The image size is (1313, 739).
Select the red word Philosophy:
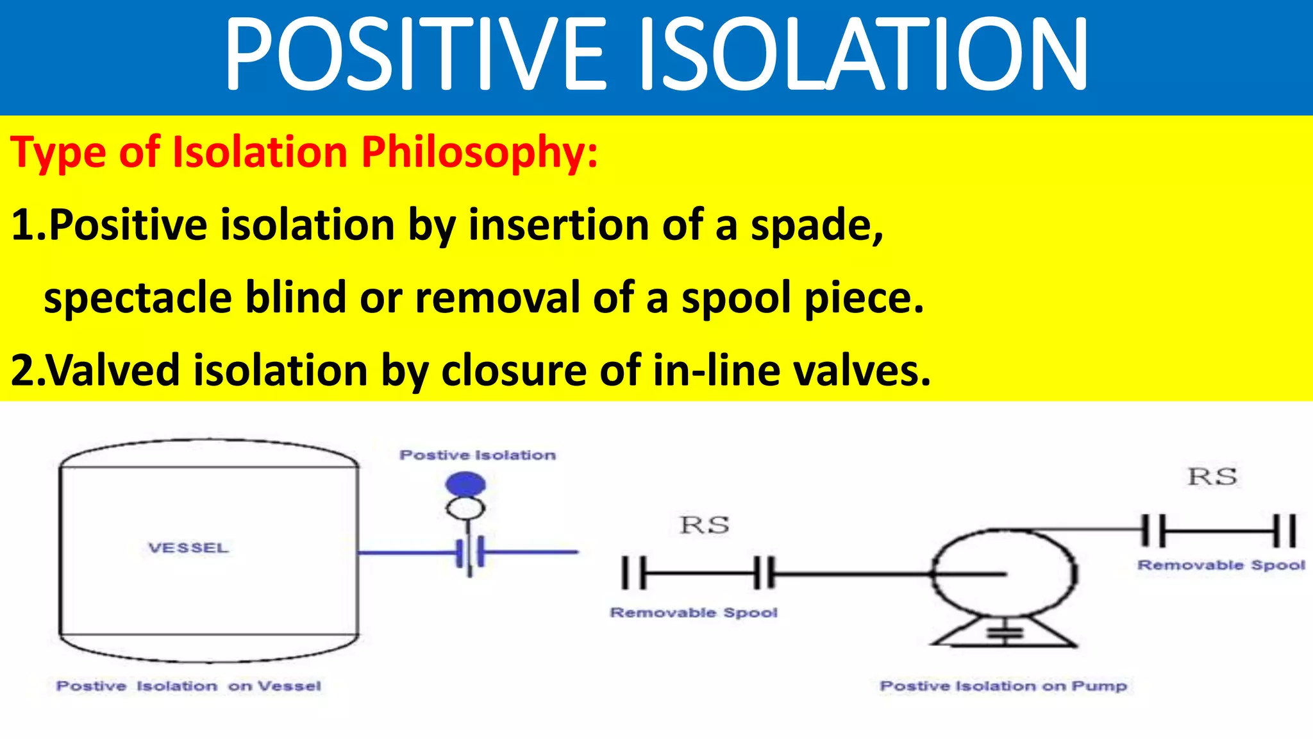(480, 153)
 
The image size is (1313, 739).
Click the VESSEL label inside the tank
(188, 548)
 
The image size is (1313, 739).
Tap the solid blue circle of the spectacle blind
(465, 484)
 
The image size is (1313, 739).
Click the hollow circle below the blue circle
(465, 509)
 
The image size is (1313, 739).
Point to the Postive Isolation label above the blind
(478, 455)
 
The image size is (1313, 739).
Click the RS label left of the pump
(704, 525)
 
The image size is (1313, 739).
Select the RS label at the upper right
(1212, 477)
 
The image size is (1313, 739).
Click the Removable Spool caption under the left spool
(694, 613)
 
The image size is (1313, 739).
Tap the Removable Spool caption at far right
(1221, 565)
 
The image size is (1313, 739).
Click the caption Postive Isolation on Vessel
(188, 686)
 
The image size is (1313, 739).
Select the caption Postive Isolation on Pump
(1003, 686)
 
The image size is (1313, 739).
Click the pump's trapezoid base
(1004, 634)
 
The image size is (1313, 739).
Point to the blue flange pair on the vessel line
(471, 552)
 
